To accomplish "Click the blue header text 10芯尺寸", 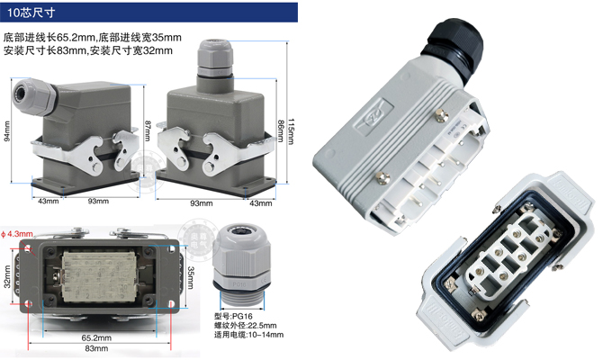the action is pyautogui.click(x=31, y=13).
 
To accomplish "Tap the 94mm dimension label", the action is pyautogui.click(x=6, y=131).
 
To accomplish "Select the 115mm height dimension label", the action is pyautogui.click(x=291, y=131).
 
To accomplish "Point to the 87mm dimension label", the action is pyautogui.click(x=148, y=130).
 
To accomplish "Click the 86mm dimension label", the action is pyautogui.click(x=281, y=131).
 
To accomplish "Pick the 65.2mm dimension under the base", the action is pyautogui.click(x=96, y=337).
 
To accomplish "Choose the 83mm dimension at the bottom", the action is pyautogui.click(x=96, y=348).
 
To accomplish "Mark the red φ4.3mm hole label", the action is pyautogui.click(x=17, y=234).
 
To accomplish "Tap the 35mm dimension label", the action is pyautogui.click(x=191, y=277).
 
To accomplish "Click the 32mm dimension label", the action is pyautogui.click(x=7, y=277).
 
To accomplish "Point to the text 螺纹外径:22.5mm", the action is pyautogui.click(x=245, y=325).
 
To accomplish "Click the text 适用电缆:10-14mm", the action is pyautogui.click(x=248, y=335).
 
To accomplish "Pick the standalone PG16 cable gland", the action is pyautogui.click(x=242, y=265).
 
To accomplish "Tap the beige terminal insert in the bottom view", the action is pyautogui.click(x=99, y=277).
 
